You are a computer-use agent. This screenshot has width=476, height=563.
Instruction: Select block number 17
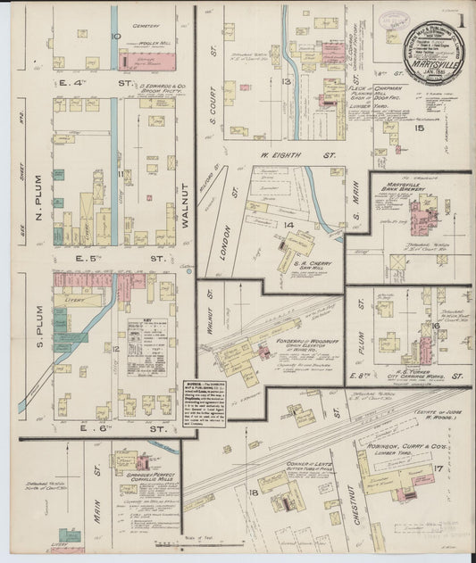[x=438, y=469]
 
